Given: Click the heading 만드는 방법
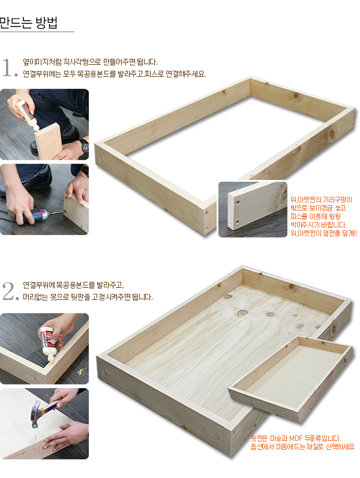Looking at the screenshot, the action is [29, 22].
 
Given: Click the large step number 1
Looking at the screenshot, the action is [7, 67].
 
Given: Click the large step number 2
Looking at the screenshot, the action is [8, 291].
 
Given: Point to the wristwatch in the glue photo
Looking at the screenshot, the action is [85, 146].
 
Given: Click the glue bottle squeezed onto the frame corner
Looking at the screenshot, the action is [47, 344].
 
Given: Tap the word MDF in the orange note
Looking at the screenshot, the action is [296, 438].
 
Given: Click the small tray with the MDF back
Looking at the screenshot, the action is [292, 380].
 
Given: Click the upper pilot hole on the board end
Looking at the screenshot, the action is [238, 202].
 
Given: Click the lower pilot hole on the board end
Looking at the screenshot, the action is [238, 222].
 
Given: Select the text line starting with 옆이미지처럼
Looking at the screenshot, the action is [91, 62].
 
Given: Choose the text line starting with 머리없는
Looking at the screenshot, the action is [88, 297].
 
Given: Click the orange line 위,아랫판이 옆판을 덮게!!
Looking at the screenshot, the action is [323, 233].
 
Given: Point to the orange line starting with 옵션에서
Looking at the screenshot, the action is [302, 447].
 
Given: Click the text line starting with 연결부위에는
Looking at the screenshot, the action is [115, 74].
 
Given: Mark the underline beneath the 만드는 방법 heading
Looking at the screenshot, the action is [37, 31].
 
